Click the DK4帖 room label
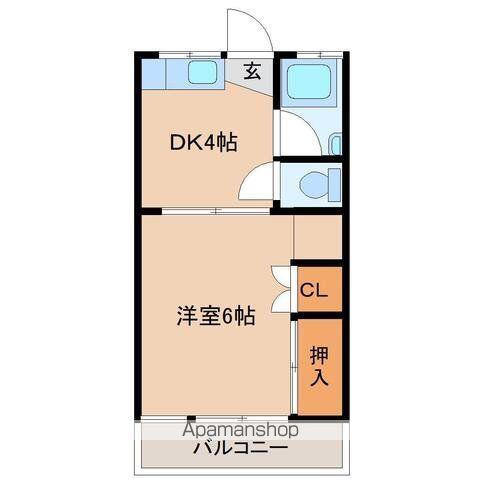coord(204,143)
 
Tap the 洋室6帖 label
coord(216,316)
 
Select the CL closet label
coord(314,290)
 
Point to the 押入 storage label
coord(319,366)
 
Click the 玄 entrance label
coord(252,71)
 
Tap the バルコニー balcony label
coord(241,448)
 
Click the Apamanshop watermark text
coord(240,430)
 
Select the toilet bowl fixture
coord(320,185)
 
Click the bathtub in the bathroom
coord(309,82)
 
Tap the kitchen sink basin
coord(202,73)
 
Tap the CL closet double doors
coord(281,289)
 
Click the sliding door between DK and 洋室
coord(216,211)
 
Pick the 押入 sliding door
coord(294,367)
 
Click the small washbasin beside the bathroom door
coord(335,144)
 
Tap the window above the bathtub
coord(320,55)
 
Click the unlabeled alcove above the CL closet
coord(318,237)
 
